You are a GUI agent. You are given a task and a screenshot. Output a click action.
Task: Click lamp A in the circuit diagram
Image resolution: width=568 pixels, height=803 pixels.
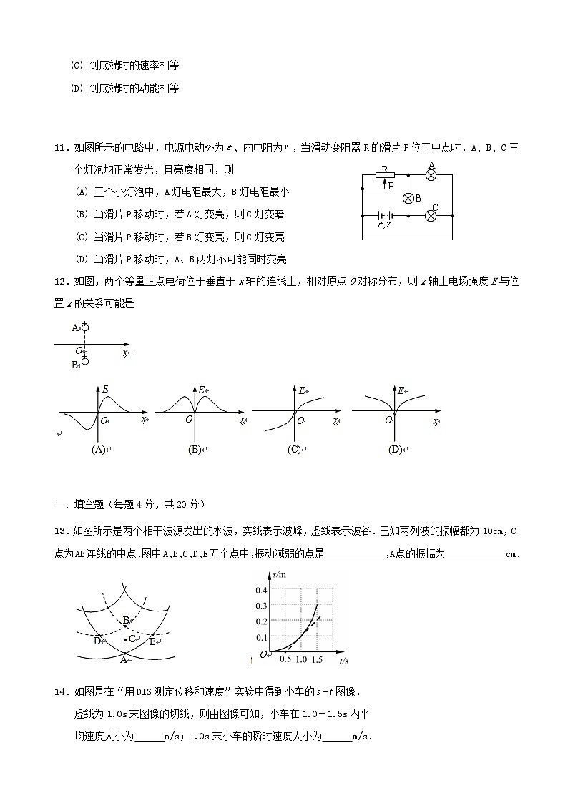pos(431,174)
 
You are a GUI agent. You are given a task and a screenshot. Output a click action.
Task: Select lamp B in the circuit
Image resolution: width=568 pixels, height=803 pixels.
pos(408,198)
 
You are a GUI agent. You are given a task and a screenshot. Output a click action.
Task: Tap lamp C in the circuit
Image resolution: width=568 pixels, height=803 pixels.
pos(431,215)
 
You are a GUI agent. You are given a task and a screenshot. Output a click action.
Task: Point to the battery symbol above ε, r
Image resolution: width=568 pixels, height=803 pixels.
pos(385,215)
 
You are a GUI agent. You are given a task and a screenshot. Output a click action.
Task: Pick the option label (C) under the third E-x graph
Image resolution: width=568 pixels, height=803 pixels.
pos(293,450)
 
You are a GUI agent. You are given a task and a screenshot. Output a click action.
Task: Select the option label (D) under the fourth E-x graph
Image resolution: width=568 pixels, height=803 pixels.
pos(394,450)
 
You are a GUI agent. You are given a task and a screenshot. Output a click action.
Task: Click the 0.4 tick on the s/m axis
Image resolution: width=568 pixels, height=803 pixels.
pos(262,590)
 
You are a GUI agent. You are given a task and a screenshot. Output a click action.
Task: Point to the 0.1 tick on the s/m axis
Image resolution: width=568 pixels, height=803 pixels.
pos(262,638)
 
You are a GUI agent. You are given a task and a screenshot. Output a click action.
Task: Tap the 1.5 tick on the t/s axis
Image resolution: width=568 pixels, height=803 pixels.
pos(317,659)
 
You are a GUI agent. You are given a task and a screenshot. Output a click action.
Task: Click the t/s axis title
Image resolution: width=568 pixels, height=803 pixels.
pos(343,661)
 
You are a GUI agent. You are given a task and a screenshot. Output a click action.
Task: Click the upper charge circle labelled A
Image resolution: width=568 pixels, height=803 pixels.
pos(84,327)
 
